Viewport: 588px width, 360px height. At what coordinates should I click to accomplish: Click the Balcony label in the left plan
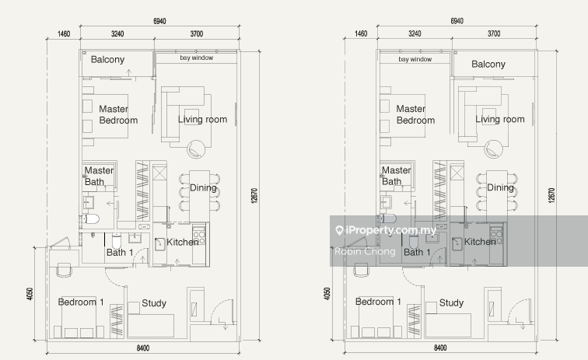107,60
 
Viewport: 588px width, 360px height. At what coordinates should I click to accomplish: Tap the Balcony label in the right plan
488,64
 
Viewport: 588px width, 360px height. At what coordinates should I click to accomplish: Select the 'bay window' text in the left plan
197,58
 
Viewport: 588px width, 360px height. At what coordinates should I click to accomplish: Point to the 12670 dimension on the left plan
254,196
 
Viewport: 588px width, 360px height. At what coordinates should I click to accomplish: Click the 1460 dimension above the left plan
64,33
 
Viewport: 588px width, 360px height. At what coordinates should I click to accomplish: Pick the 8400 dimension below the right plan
440,348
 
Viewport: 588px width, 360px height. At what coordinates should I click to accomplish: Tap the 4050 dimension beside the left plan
30,294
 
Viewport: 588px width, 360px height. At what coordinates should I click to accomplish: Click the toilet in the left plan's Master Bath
91,218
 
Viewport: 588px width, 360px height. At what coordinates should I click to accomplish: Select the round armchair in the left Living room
196,149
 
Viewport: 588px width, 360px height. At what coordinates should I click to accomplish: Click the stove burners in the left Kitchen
199,238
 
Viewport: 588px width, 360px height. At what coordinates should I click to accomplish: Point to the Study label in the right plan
451,302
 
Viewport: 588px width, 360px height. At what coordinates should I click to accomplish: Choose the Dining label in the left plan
203,187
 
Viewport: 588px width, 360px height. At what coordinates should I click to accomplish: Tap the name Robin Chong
365,251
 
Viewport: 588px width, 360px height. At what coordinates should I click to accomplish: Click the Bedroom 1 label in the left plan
81,302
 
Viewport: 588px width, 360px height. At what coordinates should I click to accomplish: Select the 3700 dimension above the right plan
494,33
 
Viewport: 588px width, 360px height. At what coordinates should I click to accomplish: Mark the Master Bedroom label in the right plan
415,114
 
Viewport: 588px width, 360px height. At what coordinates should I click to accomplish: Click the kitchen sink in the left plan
160,244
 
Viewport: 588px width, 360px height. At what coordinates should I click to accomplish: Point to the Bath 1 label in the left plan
120,253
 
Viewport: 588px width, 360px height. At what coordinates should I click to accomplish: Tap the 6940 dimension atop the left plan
159,21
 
